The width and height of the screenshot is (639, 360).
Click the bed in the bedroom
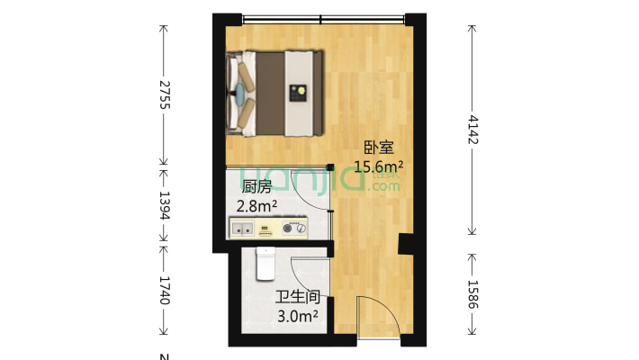(x=275, y=92)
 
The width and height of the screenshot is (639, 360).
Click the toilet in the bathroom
(x=265, y=263)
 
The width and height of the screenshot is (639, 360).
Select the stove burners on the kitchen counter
(x=293, y=229)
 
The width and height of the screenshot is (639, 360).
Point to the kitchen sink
(x=243, y=229)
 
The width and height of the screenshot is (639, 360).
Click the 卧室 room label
(x=378, y=148)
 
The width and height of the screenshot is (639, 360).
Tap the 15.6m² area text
(x=378, y=166)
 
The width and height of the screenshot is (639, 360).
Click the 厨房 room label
(x=256, y=187)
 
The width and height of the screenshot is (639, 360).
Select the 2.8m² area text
(x=256, y=206)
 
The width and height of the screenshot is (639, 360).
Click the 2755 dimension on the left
(x=164, y=94)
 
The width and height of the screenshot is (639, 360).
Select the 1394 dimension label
(x=164, y=204)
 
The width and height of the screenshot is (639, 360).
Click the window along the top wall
(x=323, y=18)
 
